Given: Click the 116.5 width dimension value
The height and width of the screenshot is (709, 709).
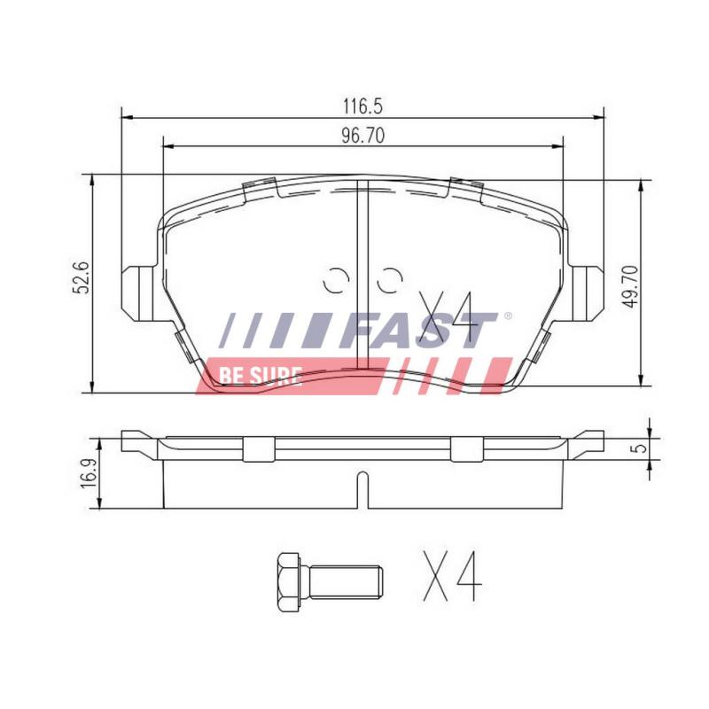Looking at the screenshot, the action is click(362, 106).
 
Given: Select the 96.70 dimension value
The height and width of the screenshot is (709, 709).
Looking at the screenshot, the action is click(362, 136).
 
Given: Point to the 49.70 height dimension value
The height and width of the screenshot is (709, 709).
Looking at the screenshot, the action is click(630, 286).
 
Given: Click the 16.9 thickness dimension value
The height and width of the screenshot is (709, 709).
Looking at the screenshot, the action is click(88, 473).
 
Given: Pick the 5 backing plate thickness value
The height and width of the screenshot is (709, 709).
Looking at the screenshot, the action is click(640, 448).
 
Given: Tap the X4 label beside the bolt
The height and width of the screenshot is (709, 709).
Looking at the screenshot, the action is click(452, 576).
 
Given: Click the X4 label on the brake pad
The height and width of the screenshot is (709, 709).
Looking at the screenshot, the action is click(448, 316).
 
